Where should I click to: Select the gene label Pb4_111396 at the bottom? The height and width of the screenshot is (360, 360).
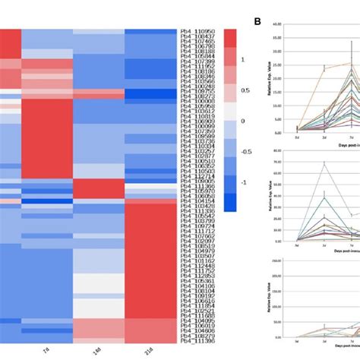pos(200,343)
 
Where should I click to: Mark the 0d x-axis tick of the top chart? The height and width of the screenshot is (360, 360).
pos(297,137)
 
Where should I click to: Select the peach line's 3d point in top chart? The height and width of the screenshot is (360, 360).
pos(324,68)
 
